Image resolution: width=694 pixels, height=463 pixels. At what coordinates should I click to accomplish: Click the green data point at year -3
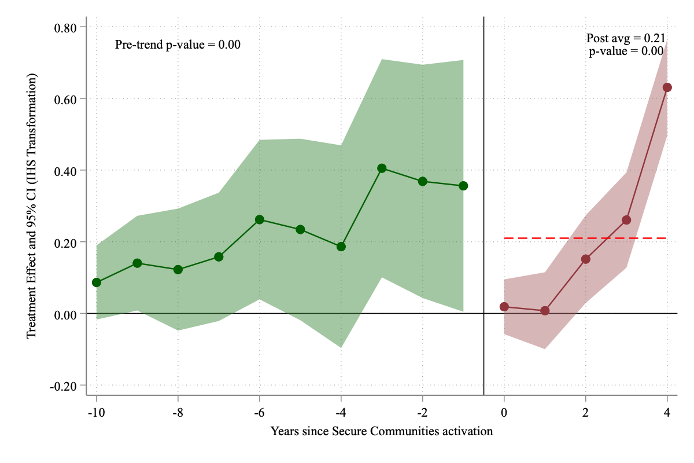(382, 168)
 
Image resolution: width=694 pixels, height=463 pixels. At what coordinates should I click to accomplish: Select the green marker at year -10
(97, 282)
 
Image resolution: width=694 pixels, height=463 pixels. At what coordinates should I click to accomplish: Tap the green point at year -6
(260, 220)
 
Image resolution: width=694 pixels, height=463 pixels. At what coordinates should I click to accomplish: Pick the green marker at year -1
(463, 186)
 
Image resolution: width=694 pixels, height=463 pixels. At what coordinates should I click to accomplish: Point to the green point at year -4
(341, 247)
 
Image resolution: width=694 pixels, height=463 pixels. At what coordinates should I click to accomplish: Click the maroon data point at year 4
(667, 87)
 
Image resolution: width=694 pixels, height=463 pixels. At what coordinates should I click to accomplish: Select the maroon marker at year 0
(504, 307)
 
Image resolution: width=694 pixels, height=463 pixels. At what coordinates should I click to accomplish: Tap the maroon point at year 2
(586, 259)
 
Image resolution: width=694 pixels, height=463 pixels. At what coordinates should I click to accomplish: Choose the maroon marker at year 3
(626, 220)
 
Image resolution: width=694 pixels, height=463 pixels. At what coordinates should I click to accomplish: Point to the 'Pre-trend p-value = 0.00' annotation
(178, 45)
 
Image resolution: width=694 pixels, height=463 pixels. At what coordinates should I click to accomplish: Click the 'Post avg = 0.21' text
(626, 39)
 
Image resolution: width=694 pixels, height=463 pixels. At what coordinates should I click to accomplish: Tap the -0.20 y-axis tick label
(67, 385)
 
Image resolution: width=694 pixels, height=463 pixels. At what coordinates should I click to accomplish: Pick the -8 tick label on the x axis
(178, 414)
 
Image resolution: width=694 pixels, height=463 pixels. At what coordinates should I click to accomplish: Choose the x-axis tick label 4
(667, 414)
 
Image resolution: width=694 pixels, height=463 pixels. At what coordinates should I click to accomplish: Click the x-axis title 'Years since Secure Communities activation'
(382, 431)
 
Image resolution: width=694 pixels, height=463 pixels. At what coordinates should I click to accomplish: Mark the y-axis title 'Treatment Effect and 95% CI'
(32, 206)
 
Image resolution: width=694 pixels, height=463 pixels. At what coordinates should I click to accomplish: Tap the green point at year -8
(178, 270)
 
